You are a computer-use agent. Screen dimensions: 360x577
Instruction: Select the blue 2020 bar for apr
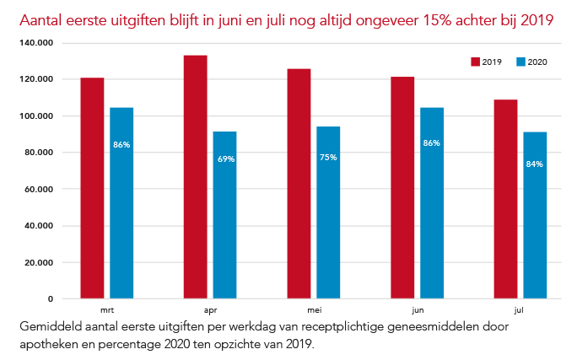point(224,215)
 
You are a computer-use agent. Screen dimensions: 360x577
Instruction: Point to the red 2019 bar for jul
point(505,199)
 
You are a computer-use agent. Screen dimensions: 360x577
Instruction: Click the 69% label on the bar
point(225,159)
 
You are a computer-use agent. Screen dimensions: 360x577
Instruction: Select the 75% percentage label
point(328,158)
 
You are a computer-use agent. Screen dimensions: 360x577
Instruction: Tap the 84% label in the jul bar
point(534,164)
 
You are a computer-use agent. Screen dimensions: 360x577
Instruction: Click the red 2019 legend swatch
point(474,62)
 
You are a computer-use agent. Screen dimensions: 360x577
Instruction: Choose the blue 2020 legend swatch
point(520,62)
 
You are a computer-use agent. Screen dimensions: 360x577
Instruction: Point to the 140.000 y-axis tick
point(38,42)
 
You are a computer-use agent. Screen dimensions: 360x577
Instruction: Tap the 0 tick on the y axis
point(51,298)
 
